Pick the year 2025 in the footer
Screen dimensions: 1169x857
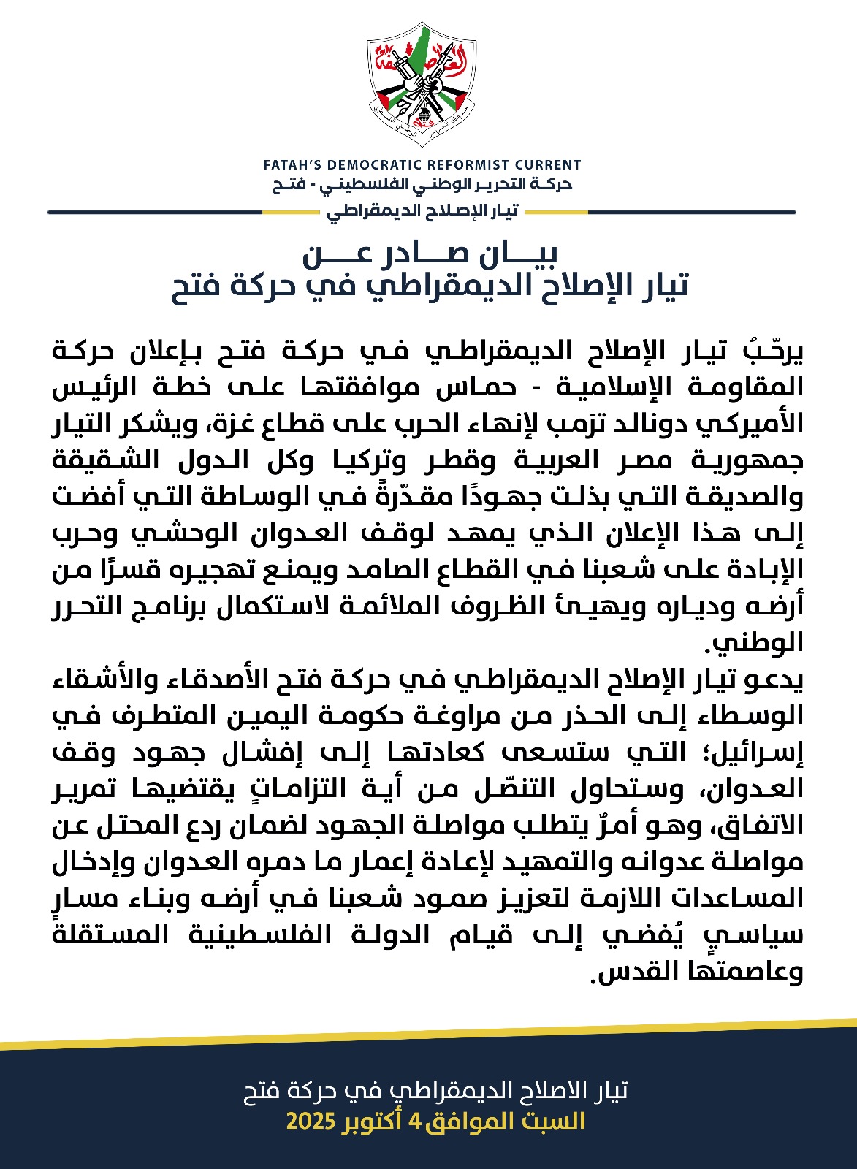[311, 1122]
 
